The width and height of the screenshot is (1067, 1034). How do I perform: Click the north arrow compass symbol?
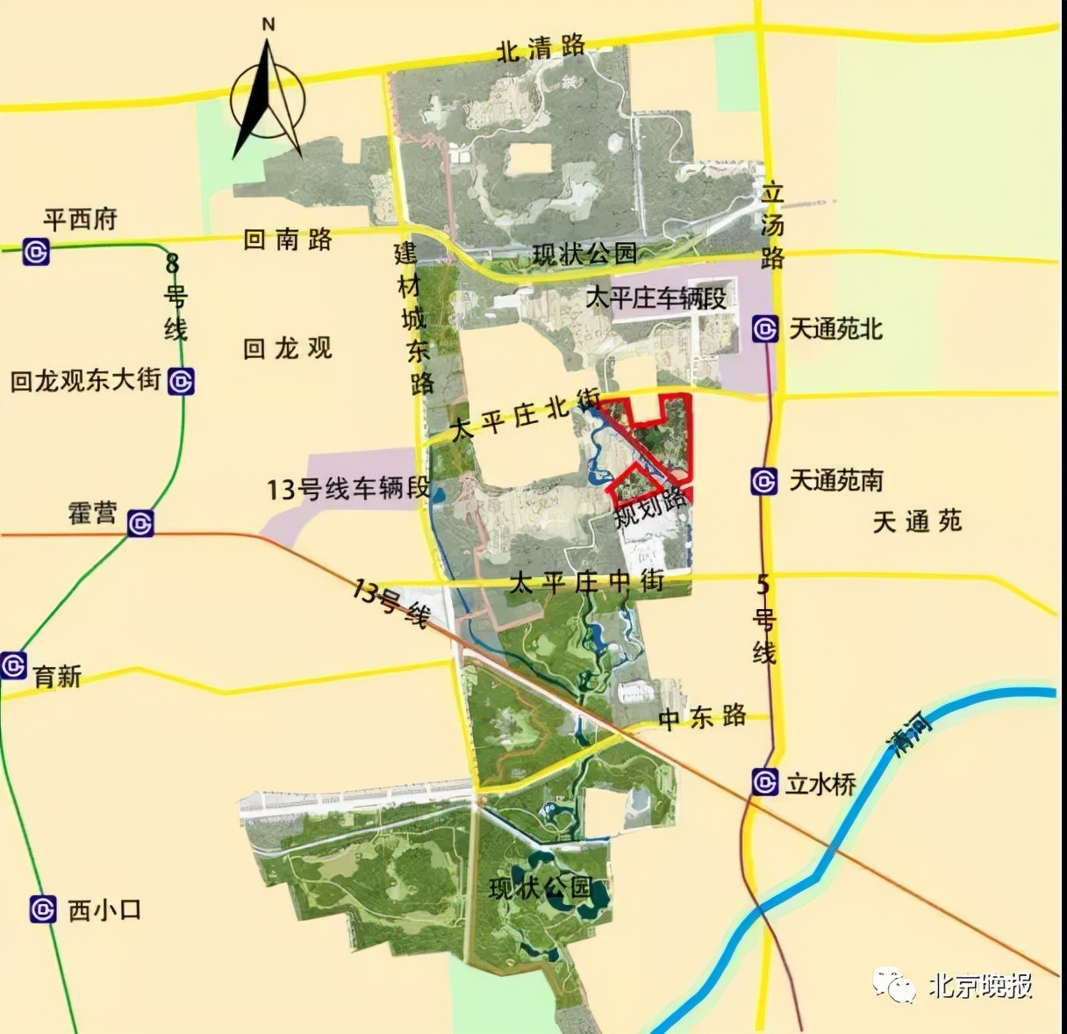pos(268,97)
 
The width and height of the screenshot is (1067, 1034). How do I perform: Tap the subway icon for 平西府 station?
pos(36,252)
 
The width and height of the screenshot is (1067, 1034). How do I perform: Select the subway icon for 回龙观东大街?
pos(181,382)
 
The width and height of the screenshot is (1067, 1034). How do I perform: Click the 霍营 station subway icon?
pos(140,524)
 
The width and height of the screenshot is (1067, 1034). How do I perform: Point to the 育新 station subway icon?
pos(13,665)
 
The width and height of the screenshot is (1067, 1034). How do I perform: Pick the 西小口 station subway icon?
pos(43,909)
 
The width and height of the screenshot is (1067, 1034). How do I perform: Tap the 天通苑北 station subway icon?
pos(765,329)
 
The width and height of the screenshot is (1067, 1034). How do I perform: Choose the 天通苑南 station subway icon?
pos(764,481)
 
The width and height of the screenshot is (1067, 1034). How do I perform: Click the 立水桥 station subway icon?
pos(765,781)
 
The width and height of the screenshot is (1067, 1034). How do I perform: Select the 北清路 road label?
pos(541,48)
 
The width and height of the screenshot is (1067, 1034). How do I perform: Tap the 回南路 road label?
pos(288,239)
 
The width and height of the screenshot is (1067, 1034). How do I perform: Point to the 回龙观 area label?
pos(288,348)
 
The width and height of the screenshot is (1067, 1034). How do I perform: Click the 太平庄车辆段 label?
pos(655,298)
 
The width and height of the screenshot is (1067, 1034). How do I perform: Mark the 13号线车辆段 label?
pos(348,488)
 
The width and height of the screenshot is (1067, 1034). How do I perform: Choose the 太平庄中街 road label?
pos(586,582)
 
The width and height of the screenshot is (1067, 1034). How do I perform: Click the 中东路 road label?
pos(702,718)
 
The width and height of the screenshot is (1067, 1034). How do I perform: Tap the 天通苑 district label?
pos(917,522)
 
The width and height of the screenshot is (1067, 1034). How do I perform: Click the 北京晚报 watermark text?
pos(980,986)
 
